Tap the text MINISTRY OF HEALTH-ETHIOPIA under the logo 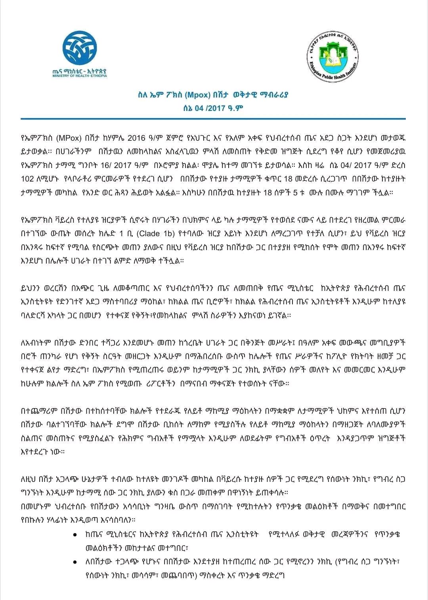80,76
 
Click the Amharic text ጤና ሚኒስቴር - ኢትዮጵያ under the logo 80,71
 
